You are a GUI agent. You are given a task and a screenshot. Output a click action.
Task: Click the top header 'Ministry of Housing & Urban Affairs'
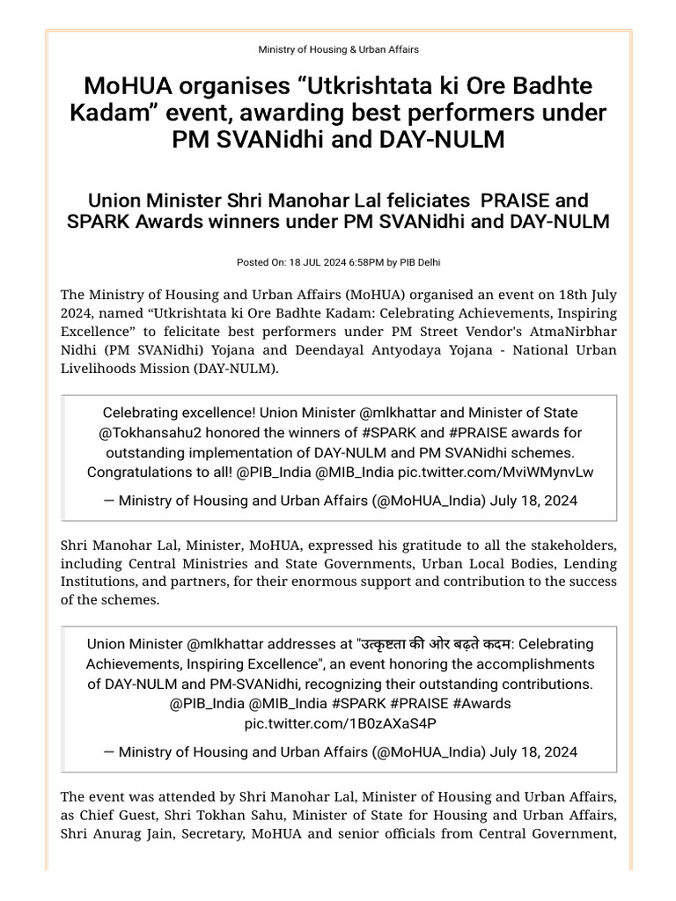click(338, 49)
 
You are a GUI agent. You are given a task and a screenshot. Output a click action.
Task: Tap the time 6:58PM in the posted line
click(358, 262)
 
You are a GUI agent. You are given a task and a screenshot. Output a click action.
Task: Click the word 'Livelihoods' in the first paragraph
click(99, 369)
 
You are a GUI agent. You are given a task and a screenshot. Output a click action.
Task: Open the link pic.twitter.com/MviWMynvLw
click(496, 472)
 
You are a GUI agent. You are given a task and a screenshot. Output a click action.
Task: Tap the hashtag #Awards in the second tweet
click(482, 703)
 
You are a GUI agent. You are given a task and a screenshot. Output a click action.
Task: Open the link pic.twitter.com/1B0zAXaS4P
click(339, 722)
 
